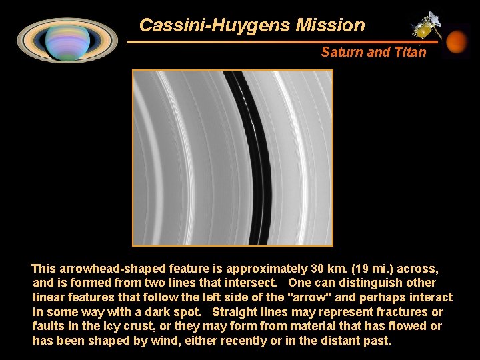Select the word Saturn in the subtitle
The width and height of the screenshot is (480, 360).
pos(341,52)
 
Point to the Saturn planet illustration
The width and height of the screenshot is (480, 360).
pos(67,39)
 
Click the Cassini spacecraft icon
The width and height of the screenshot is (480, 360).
pos(425,25)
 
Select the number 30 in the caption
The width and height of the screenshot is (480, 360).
pos(317,269)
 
